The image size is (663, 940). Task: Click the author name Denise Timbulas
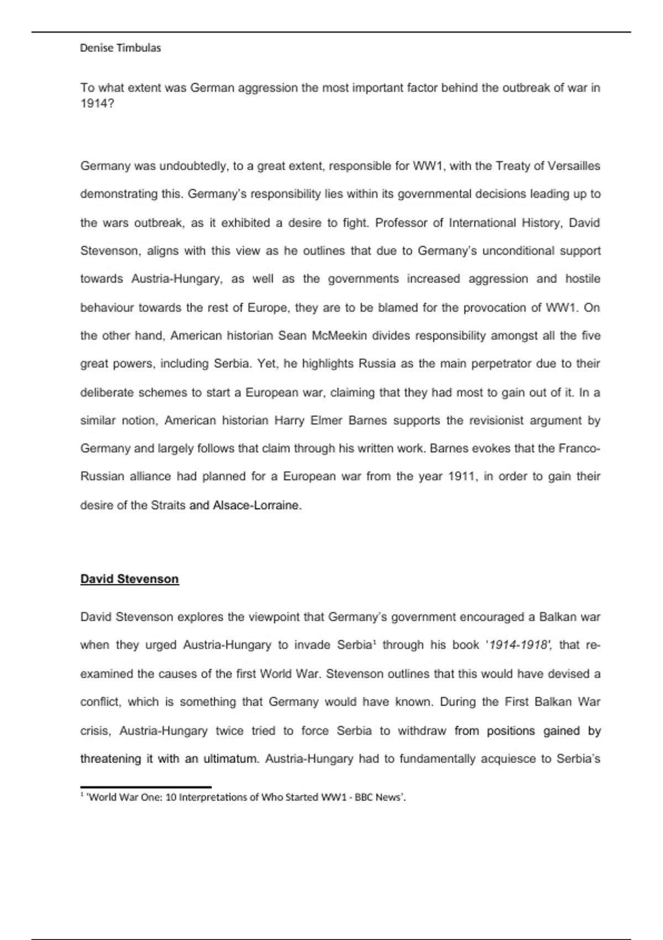click(120, 48)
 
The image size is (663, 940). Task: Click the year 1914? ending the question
click(97, 103)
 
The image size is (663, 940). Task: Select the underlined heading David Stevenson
click(130, 579)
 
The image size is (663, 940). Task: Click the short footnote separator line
click(146, 786)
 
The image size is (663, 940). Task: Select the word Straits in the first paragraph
click(168, 505)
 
